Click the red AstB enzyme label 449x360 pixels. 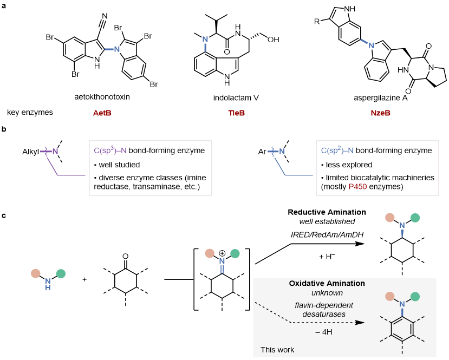(102, 113)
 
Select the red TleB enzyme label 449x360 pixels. (236, 113)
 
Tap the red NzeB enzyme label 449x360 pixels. (380, 113)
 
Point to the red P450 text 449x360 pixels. (357, 186)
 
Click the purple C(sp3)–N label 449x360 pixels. (110, 150)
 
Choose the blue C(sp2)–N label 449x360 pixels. (337, 150)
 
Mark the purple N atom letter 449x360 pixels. (55, 152)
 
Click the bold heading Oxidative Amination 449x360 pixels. (327, 283)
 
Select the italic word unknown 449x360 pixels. (327, 293)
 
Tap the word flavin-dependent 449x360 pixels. (324, 305)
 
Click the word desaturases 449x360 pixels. (324, 314)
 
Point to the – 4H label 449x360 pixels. (324, 332)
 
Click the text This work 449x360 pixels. (277, 350)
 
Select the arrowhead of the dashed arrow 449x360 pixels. (360, 323)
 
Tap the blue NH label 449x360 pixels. (48, 284)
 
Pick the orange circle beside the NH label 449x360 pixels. (36, 274)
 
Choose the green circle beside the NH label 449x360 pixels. (61, 274)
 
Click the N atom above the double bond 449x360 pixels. (222, 261)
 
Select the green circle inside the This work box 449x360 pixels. (415, 297)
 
